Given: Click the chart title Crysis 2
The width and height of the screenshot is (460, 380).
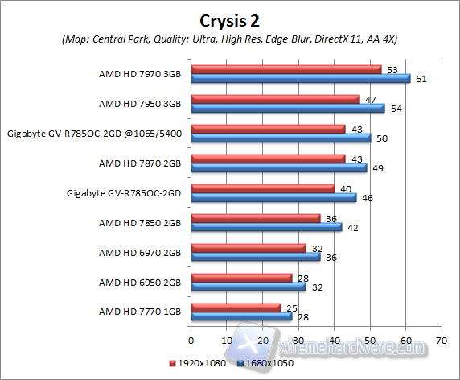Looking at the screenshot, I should pos(230,19).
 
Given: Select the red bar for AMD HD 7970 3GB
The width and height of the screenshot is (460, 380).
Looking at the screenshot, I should pos(285,69).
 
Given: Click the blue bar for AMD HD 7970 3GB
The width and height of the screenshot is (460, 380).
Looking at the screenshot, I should pos(300,78).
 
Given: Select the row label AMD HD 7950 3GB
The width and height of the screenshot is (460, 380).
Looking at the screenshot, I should pos(140,104).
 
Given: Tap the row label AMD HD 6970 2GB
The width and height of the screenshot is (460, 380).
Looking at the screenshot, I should pos(140,252).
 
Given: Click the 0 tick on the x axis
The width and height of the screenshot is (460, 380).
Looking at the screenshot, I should pos(191,340).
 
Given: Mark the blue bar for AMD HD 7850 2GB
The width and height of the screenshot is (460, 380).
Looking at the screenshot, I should pos(266,227).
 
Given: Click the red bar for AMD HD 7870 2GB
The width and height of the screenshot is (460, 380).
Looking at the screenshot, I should pos(268,159).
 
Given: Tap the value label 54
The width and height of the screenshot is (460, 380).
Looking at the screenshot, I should pos(394,108).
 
